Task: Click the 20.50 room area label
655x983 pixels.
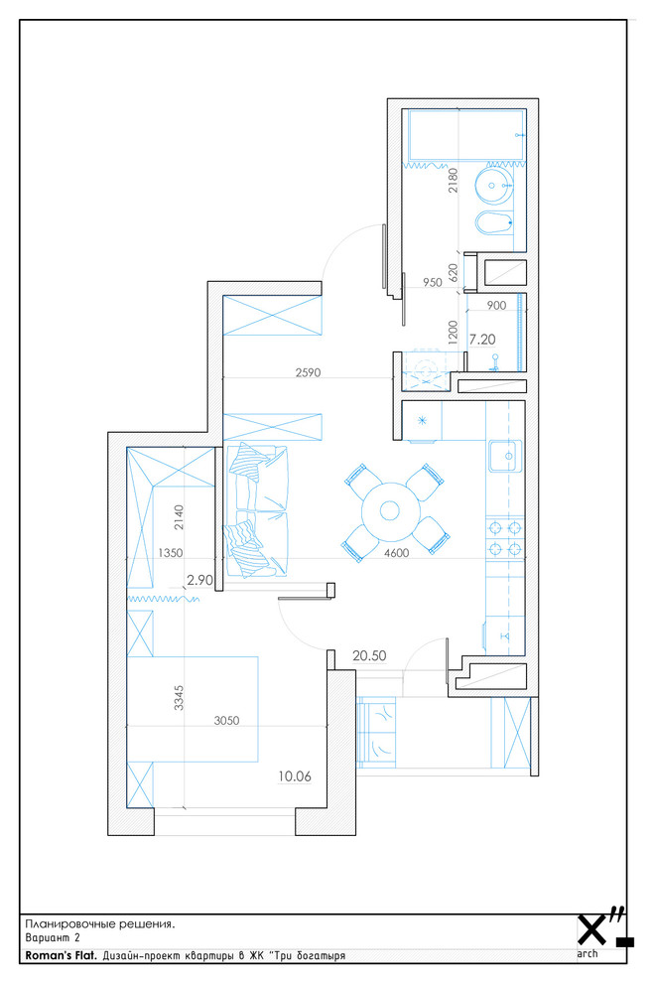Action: click(369, 655)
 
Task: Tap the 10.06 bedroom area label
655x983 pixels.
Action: click(295, 776)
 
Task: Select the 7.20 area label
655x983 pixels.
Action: click(482, 340)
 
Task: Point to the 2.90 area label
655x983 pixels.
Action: click(199, 580)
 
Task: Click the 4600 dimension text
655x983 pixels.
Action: click(396, 553)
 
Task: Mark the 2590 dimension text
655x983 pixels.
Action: click(308, 372)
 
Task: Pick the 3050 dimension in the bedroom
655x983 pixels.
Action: click(226, 720)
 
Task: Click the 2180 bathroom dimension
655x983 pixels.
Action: click(454, 180)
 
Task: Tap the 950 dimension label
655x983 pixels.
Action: click(433, 282)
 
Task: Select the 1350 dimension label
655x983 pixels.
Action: click(171, 553)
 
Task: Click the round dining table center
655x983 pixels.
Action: click(390, 511)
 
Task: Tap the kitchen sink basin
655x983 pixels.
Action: click(504, 456)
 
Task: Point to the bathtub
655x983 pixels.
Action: click(466, 135)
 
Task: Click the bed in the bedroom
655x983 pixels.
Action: click(194, 709)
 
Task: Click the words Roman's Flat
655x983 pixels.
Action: click(62, 956)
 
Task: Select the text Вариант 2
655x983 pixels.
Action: click(53, 938)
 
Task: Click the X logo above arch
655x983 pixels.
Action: click(592, 929)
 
